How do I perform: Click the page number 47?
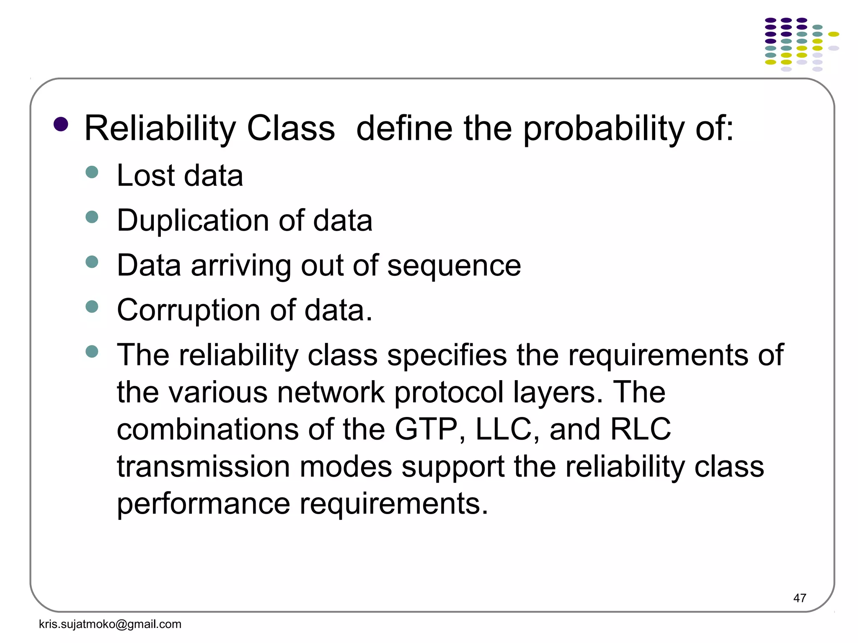[799, 598]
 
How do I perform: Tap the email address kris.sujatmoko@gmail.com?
[110, 624]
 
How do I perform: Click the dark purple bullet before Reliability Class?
[61, 124]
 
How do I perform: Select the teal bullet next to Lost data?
[92, 172]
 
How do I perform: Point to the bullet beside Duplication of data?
[92, 217]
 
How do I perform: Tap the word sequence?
[454, 266]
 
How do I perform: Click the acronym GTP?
[426, 430]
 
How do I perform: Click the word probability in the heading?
[603, 129]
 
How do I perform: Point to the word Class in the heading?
[291, 128]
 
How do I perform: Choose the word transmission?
[203, 467]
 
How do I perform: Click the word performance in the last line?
[203, 504]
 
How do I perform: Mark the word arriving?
[241, 266]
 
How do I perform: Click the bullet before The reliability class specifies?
[92, 351]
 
